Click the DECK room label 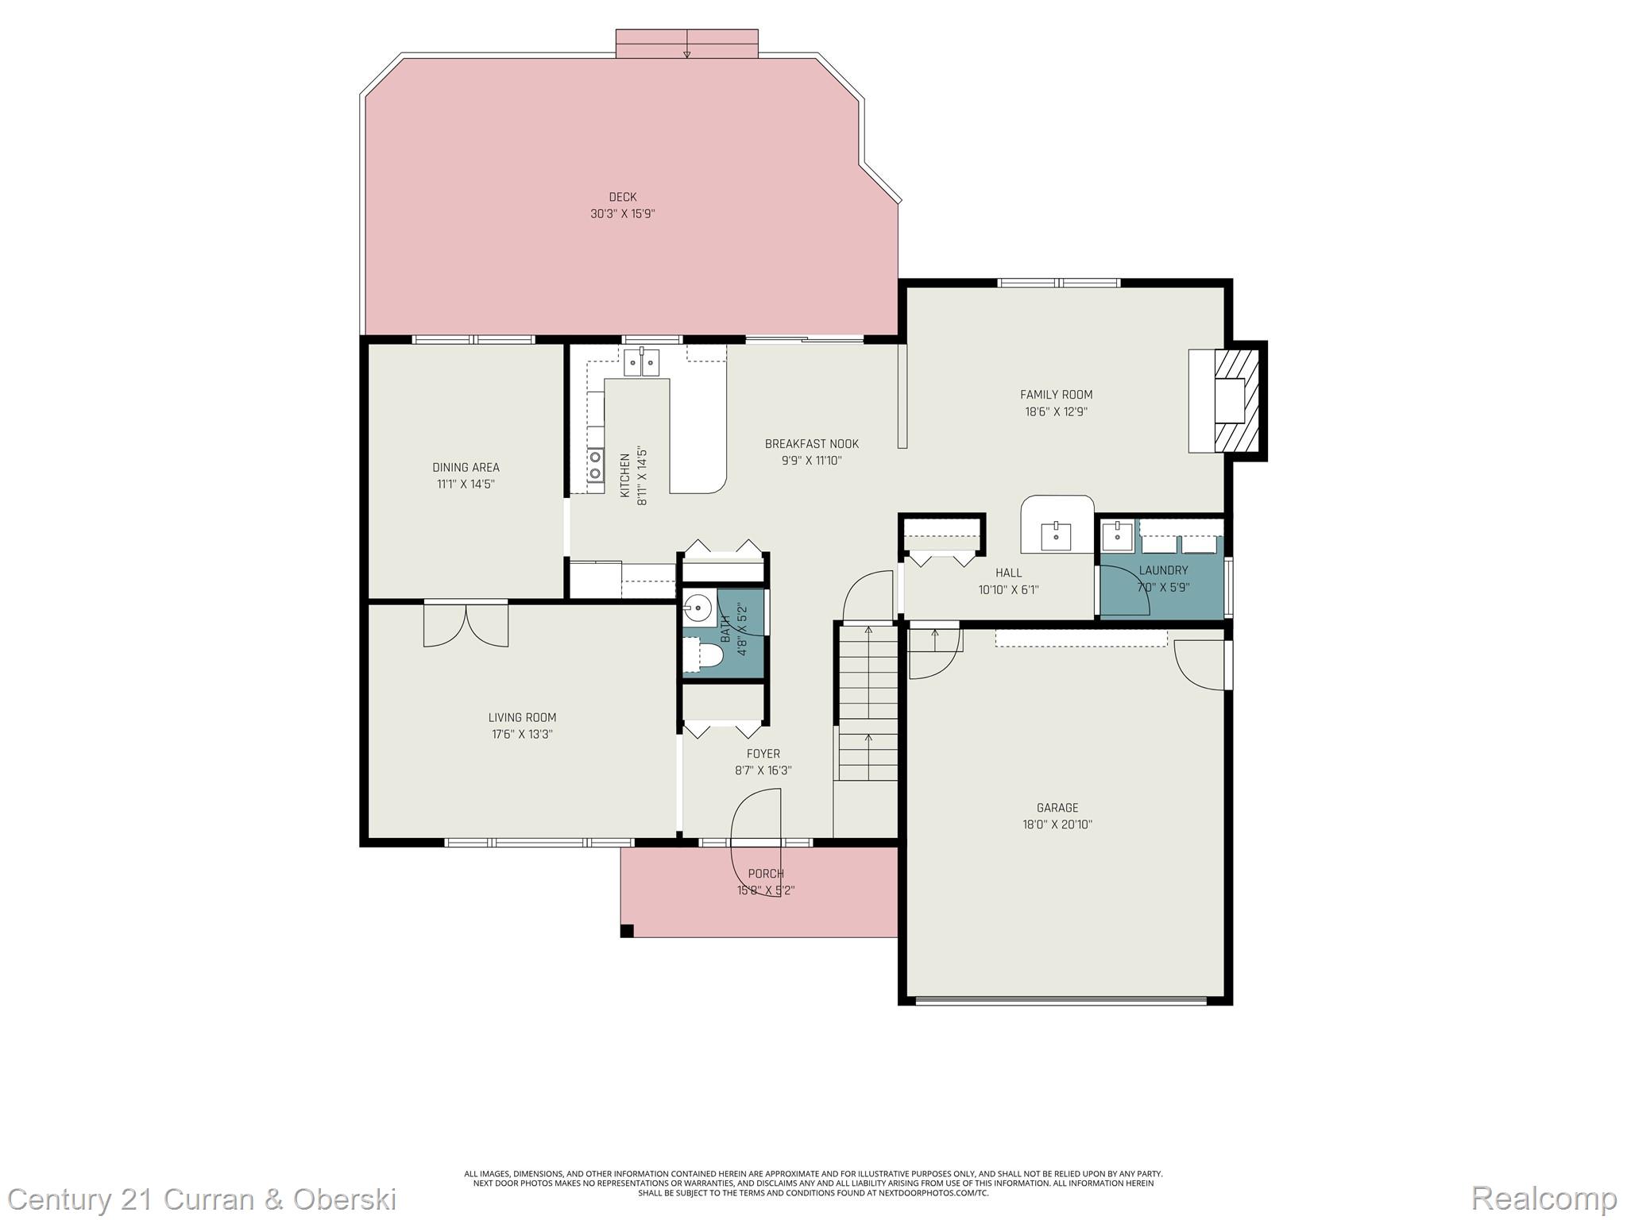(x=623, y=197)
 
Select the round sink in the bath (x=697, y=609)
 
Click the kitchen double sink (x=641, y=362)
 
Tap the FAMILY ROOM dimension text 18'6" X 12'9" (x=1056, y=411)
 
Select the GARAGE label (x=1057, y=808)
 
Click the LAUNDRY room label (x=1163, y=570)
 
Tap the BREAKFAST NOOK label (x=811, y=444)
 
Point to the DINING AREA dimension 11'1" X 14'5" (x=466, y=484)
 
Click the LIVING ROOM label (x=522, y=717)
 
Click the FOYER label (x=763, y=754)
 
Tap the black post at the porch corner (x=627, y=931)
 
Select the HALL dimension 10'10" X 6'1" (x=1008, y=589)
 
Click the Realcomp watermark (x=1544, y=1198)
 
